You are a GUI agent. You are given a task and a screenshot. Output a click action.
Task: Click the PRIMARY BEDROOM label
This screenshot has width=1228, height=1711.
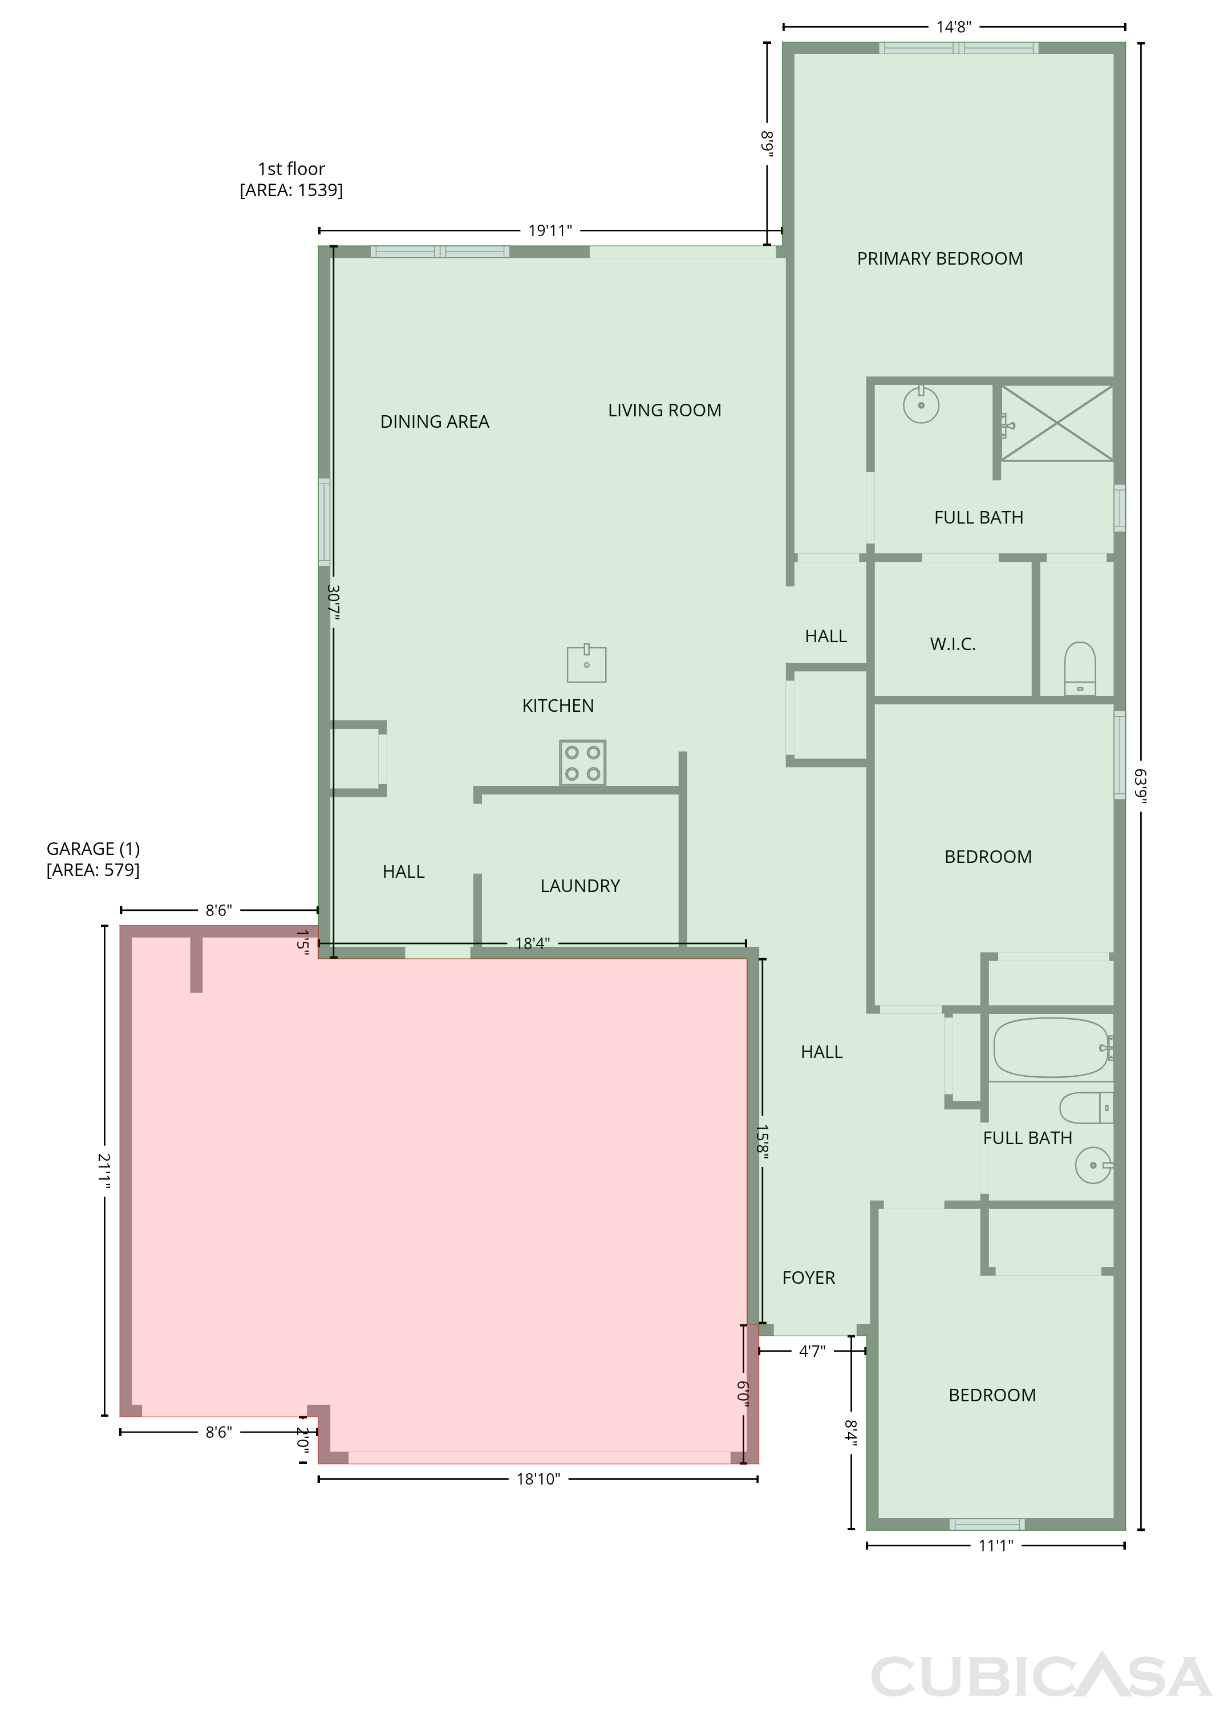940,259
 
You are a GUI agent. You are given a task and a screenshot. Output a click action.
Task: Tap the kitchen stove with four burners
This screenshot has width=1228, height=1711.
582,763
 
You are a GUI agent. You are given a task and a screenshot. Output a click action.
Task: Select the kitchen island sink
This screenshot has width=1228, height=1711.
587,663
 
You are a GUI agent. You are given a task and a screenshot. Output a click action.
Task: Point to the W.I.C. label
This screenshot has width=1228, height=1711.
953,644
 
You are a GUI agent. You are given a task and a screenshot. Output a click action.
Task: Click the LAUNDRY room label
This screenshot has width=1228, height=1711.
580,886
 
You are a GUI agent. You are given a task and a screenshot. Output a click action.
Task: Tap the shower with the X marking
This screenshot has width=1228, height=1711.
1057,423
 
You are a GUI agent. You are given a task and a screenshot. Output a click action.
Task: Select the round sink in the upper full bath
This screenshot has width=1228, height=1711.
921,404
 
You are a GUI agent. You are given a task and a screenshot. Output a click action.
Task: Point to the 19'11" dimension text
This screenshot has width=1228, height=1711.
550,230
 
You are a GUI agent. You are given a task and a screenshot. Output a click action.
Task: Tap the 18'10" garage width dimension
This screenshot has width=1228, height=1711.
538,1479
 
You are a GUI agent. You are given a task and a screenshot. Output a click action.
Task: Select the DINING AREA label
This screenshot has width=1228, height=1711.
435,421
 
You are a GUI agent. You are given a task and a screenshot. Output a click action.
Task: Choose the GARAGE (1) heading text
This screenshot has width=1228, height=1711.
94,849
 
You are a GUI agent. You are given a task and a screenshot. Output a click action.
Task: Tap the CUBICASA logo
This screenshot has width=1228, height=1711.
1041,1676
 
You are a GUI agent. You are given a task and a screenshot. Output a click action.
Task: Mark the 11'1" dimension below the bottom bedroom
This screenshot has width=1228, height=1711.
996,1546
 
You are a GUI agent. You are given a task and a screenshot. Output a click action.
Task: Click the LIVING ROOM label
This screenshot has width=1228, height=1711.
664,411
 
